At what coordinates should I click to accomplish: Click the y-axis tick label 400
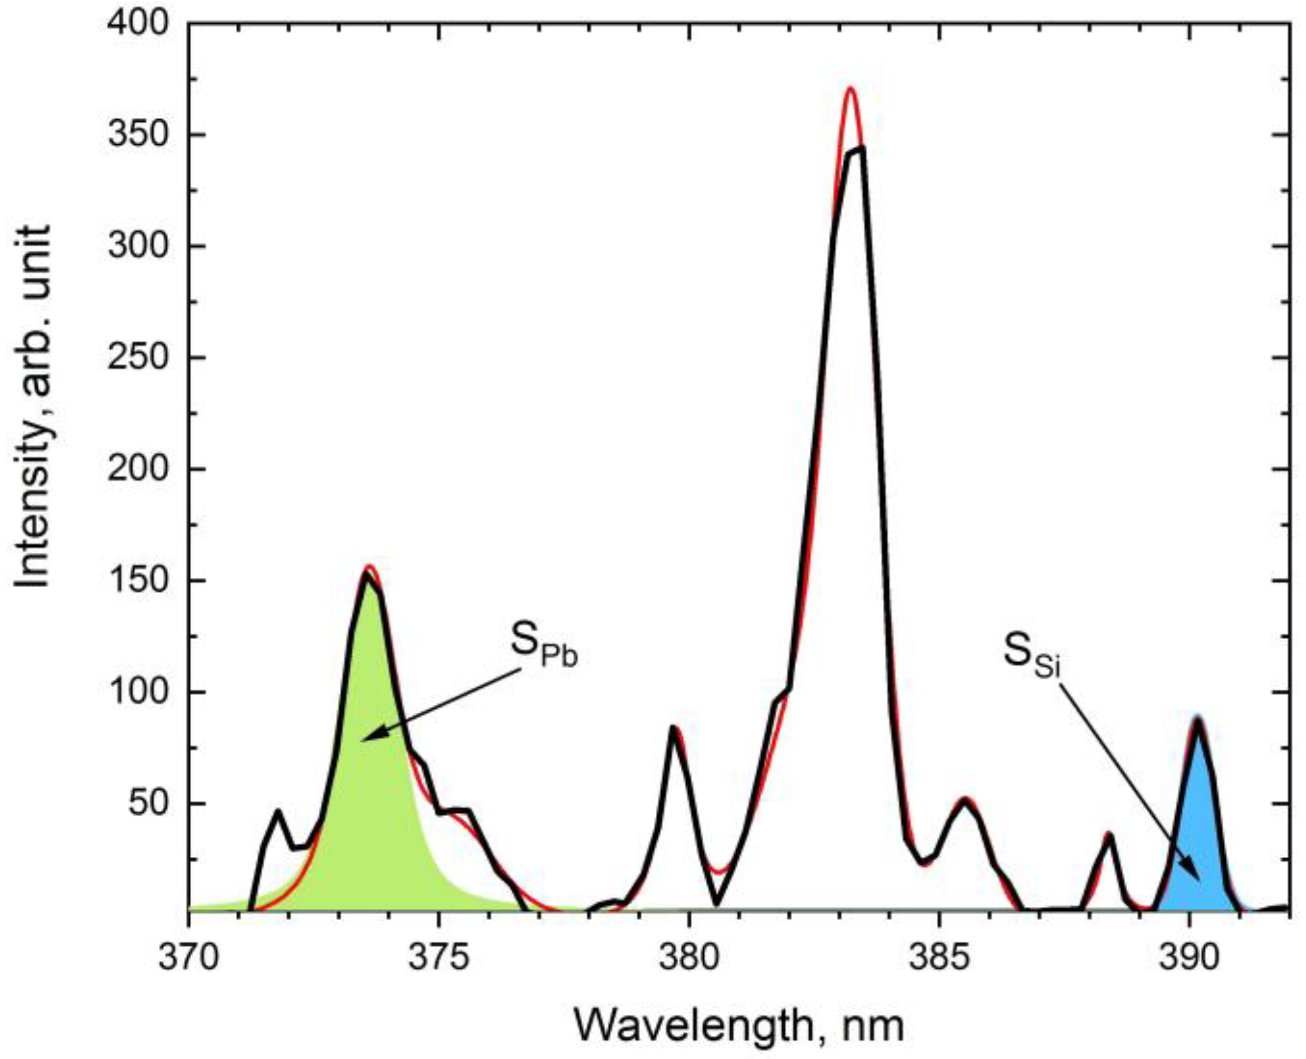(x=138, y=24)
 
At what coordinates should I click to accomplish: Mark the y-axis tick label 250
(x=138, y=358)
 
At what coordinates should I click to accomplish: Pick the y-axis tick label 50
(x=148, y=803)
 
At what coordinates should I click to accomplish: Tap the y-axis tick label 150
(x=138, y=581)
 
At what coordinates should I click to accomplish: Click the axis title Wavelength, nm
(x=739, y=1025)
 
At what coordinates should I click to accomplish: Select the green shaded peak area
(x=372, y=801)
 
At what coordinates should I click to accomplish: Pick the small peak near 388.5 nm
(x=1109, y=835)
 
